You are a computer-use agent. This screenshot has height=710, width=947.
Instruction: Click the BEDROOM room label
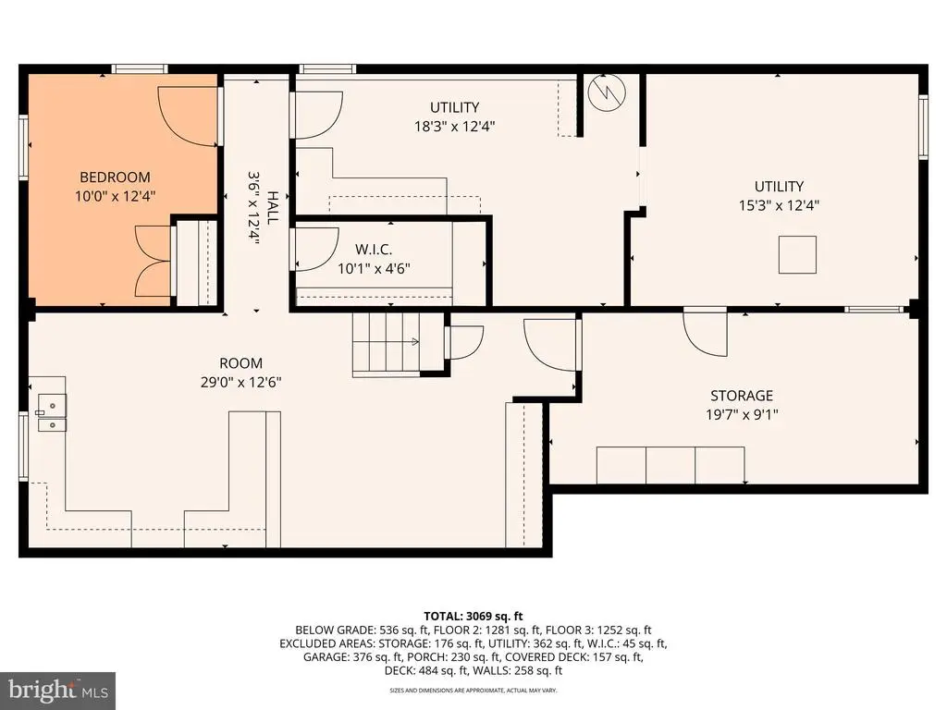(x=115, y=177)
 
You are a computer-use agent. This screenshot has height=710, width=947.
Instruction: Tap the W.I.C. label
(x=374, y=250)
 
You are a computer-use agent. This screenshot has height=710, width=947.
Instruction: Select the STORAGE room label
(x=742, y=396)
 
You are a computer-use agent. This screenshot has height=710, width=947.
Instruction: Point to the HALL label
(x=273, y=208)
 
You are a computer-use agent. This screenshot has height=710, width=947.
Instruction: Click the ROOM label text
(x=241, y=362)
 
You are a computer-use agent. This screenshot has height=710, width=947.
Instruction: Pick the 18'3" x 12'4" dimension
(x=454, y=126)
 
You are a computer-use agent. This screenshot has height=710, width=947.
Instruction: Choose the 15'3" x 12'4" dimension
(x=779, y=205)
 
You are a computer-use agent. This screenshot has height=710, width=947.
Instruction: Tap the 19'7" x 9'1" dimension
(x=742, y=415)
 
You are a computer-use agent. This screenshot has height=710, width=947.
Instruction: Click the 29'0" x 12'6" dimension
(x=241, y=382)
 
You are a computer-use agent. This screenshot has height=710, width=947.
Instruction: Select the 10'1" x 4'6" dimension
(x=374, y=269)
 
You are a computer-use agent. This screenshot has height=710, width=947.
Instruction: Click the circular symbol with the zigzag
(x=607, y=92)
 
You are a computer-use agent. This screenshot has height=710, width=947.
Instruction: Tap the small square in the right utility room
(x=797, y=255)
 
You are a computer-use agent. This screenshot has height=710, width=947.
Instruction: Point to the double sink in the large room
(x=52, y=413)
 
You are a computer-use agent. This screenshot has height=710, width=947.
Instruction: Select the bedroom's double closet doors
(x=153, y=262)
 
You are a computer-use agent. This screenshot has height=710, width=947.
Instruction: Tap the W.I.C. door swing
(x=314, y=249)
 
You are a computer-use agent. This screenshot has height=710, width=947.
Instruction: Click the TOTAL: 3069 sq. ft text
(x=473, y=617)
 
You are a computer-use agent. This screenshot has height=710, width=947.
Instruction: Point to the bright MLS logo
(x=58, y=690)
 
